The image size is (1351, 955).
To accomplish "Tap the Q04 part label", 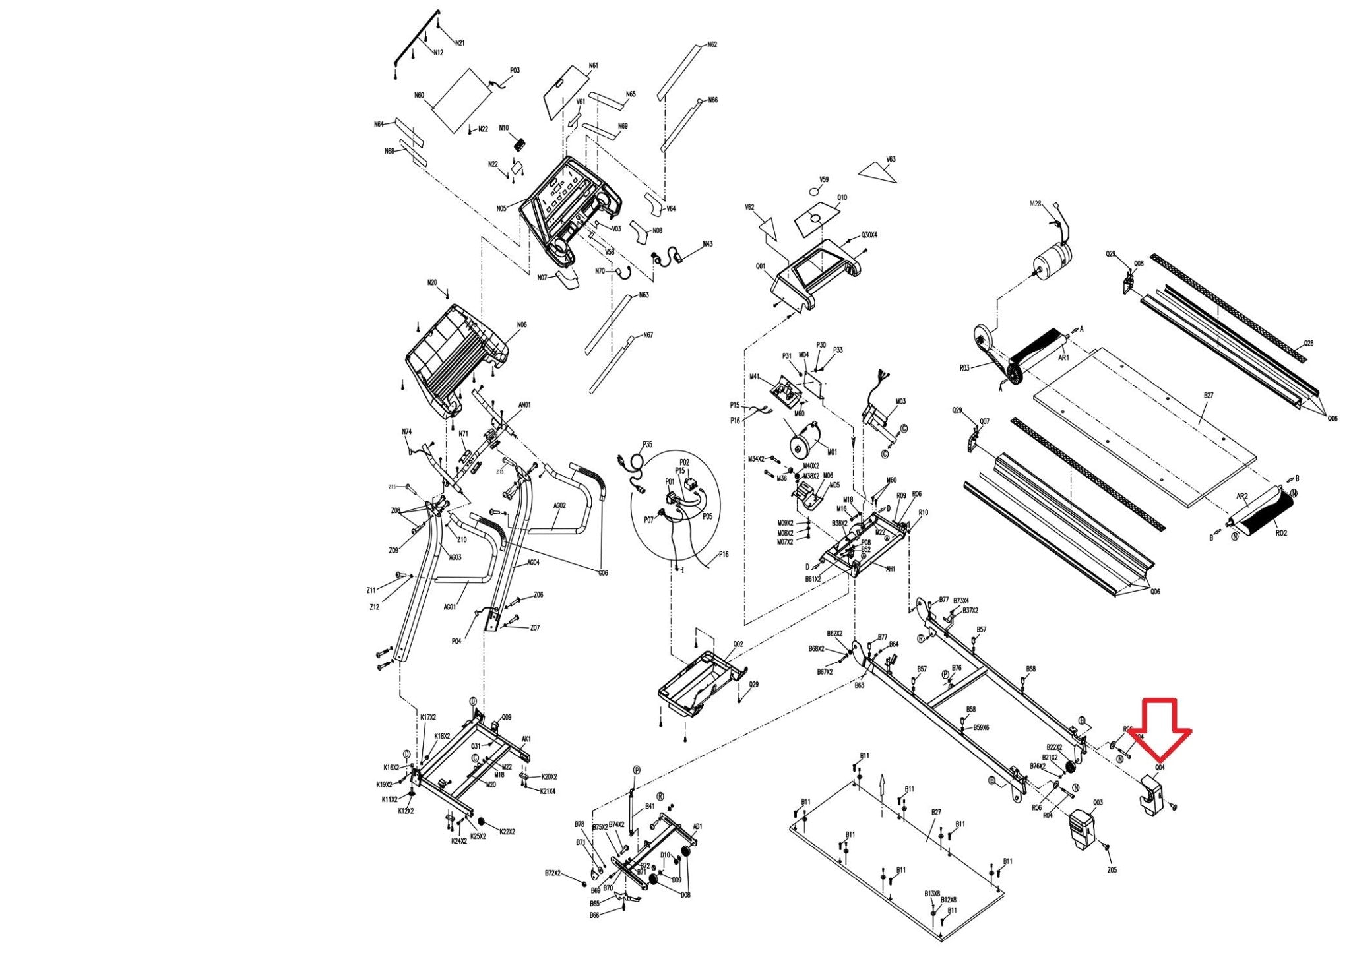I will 1159,768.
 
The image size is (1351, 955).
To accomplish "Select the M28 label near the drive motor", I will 1035,204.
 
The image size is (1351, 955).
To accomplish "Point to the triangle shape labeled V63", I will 879,172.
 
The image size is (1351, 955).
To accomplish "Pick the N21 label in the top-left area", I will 460,43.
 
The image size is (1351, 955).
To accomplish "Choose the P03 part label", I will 515,71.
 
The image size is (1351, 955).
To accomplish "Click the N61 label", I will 594,66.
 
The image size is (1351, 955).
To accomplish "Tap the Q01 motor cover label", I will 761,267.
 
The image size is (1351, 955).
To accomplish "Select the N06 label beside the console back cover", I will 522,325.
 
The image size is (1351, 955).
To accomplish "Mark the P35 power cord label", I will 647,445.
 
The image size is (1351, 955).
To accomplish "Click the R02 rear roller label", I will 1280,532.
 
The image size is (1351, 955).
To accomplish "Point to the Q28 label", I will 1308,344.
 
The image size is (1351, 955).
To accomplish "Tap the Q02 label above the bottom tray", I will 738,644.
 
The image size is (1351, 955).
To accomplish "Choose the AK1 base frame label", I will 526,739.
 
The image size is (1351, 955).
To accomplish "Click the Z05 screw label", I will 1112,870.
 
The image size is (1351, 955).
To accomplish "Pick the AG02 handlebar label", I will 559,506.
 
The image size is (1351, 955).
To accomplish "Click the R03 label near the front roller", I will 964,369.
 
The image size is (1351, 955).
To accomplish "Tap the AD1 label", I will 698,826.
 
